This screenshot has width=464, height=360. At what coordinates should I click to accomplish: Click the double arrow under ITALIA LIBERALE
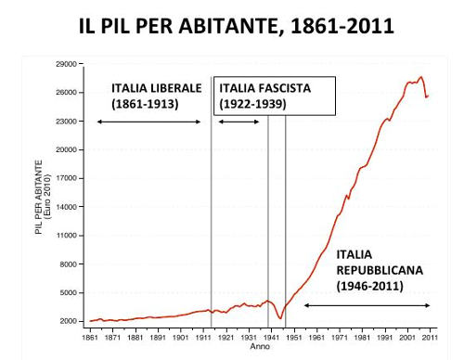tap(148, 122)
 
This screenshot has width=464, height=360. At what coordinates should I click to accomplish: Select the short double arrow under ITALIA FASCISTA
tap(239, 122)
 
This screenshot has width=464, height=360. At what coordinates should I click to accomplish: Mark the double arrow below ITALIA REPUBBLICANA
tap(367, 305)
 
